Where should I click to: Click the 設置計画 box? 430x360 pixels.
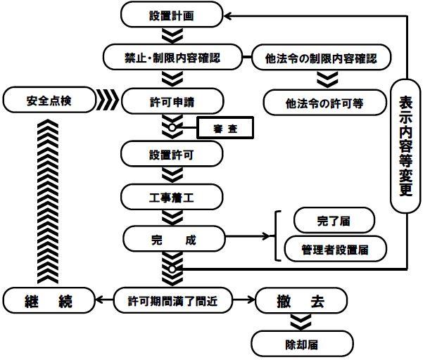[172, 13]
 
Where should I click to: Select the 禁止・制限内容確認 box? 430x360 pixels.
[172, 57]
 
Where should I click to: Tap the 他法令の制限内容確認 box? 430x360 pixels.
[322, 57]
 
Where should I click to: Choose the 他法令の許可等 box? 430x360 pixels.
[324, 103]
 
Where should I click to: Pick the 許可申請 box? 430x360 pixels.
[172, 101]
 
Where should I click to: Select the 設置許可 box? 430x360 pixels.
[172, 153]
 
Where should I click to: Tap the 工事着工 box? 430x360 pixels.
[172, 195]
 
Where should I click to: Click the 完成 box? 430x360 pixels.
[172, 239]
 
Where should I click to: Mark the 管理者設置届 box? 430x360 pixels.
[333, 247]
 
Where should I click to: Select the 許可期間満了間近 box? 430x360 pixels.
[172, 300]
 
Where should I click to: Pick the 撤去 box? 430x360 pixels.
[301, 300]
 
